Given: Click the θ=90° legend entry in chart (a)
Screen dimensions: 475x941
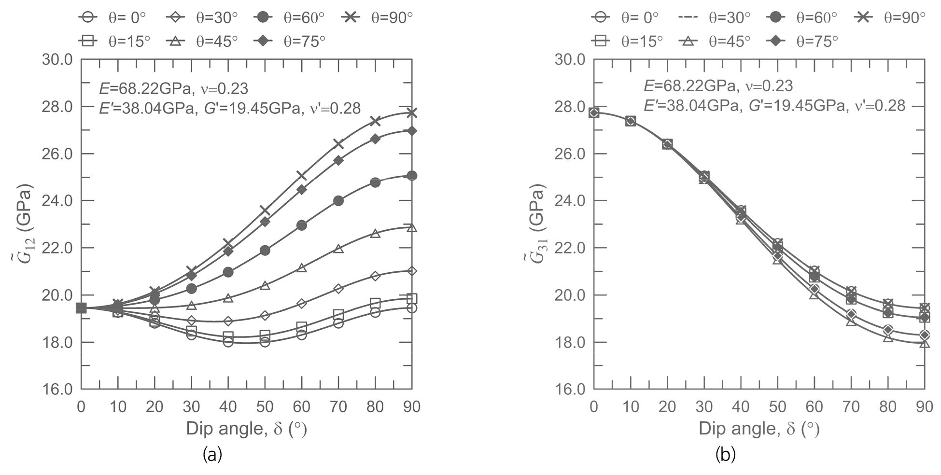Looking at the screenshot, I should click(378, 18).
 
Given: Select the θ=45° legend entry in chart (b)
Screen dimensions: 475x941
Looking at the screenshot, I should click(716, 42).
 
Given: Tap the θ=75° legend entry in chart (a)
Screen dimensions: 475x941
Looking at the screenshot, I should click(290, 42).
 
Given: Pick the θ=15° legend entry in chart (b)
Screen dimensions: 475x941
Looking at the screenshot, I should click(628, 42).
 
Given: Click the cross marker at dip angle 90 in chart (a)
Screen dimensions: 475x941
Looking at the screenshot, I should click(412, 113).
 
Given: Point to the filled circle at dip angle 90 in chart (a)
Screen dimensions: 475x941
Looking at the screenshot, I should click(412, 176).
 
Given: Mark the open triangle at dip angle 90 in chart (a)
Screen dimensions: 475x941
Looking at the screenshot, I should click(412, 228).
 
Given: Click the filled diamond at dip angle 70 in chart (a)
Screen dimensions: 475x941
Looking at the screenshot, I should click(338, 160).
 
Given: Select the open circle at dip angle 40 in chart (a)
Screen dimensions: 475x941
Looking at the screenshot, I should click(228, 342).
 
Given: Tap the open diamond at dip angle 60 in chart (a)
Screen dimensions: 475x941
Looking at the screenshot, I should click(301, 304).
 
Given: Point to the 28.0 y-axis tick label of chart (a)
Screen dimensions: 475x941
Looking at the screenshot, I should click(57, 107).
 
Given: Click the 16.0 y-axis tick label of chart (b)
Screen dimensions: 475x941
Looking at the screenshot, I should click(570, 389).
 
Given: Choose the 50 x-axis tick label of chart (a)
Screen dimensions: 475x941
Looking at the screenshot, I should click(265, 407).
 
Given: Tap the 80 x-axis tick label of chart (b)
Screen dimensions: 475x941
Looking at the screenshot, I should click(887, 407).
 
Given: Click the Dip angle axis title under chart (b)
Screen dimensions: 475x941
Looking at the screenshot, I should click(759, 429).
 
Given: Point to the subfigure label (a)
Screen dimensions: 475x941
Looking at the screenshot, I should click(212, 454).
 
